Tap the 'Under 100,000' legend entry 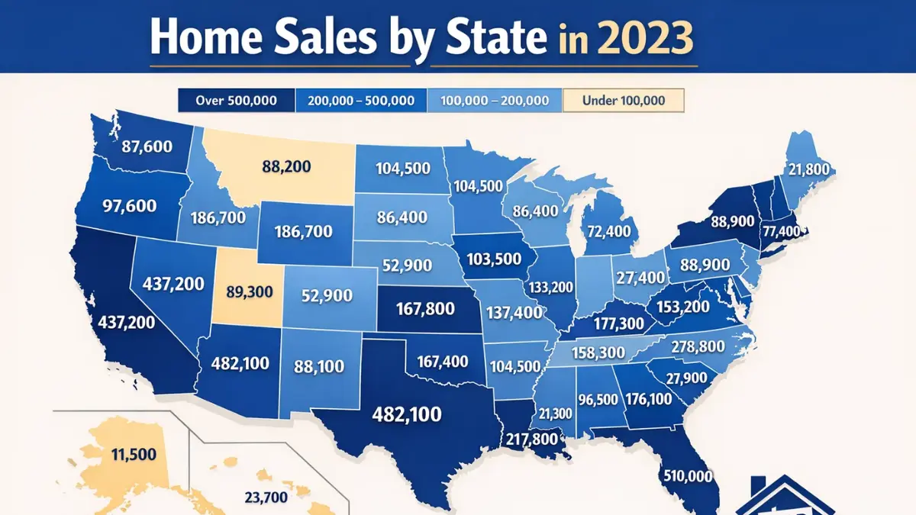point(623,100)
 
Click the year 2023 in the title point(647,38)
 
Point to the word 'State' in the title point(493,38)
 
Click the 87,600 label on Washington point(140,147)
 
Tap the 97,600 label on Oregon point(127,205)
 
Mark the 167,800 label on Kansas point(426,310)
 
